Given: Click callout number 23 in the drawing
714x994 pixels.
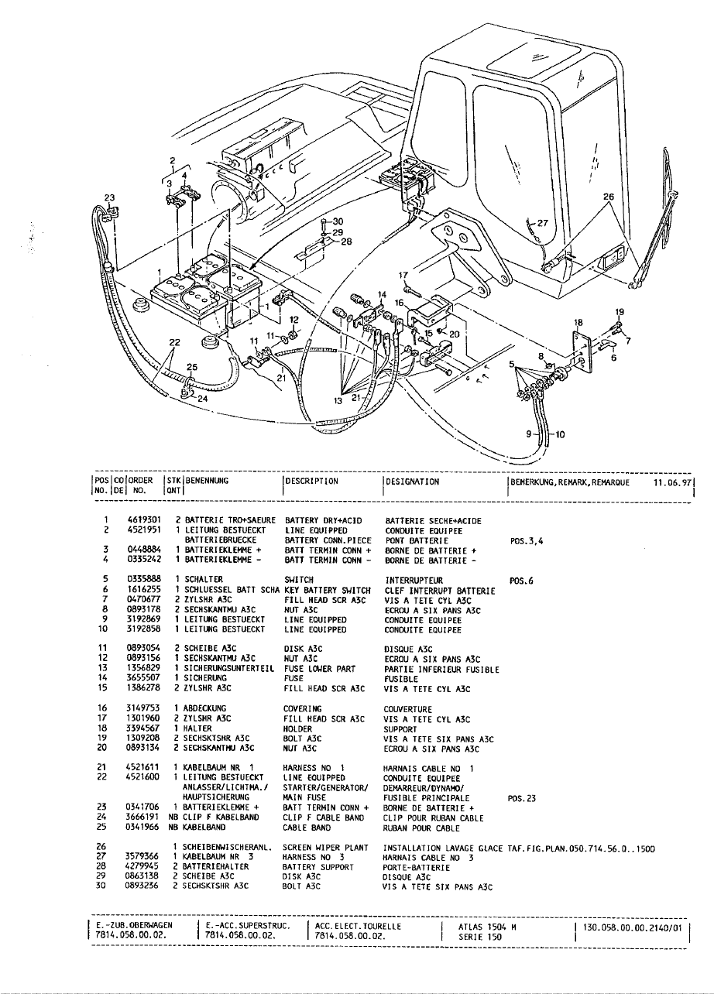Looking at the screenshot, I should [x=108, y=197].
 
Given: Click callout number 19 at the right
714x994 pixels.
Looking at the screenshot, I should [x=619, y=312].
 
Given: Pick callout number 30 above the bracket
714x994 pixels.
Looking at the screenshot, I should [x=338, y=221].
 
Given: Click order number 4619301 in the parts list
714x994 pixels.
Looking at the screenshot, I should [x=143, y=520].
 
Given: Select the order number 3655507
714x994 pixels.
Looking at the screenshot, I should [x=143, y=677].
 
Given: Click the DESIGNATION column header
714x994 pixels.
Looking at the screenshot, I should [x=413, y=481].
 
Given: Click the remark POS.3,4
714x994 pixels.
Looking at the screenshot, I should [x=527, y=540].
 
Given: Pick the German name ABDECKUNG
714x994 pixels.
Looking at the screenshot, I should [x=205, y=708].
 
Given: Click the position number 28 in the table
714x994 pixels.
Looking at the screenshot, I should [x=101, y=866].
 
